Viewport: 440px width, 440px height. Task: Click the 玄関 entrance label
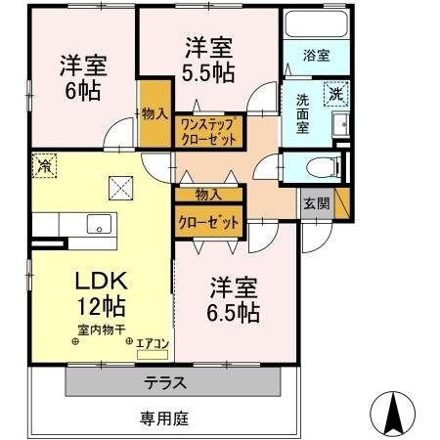pos(316,203)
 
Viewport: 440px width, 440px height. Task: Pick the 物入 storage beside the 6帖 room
pos(153,115)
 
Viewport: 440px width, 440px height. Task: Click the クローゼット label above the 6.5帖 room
pos(208,223)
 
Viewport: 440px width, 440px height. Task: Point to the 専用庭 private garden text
pos(162,418)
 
